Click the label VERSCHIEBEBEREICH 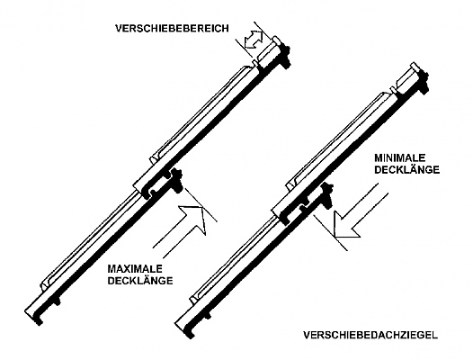click(172, 29)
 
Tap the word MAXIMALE click(135, 268)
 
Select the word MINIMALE click(399, 157)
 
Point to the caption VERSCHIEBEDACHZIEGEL click(370, 335)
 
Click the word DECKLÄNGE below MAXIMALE click(140, 281)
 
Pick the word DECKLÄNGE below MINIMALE click(407, 170)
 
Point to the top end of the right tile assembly click(418, 77)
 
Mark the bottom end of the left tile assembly click(34, 316)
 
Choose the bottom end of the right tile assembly click(184, 328)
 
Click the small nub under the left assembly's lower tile click(57, 301)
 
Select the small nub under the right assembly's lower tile click(208, 316)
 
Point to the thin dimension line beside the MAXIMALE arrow click(200, 205)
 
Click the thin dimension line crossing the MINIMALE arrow click(330, 232)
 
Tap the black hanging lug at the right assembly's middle click(326, 195)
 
